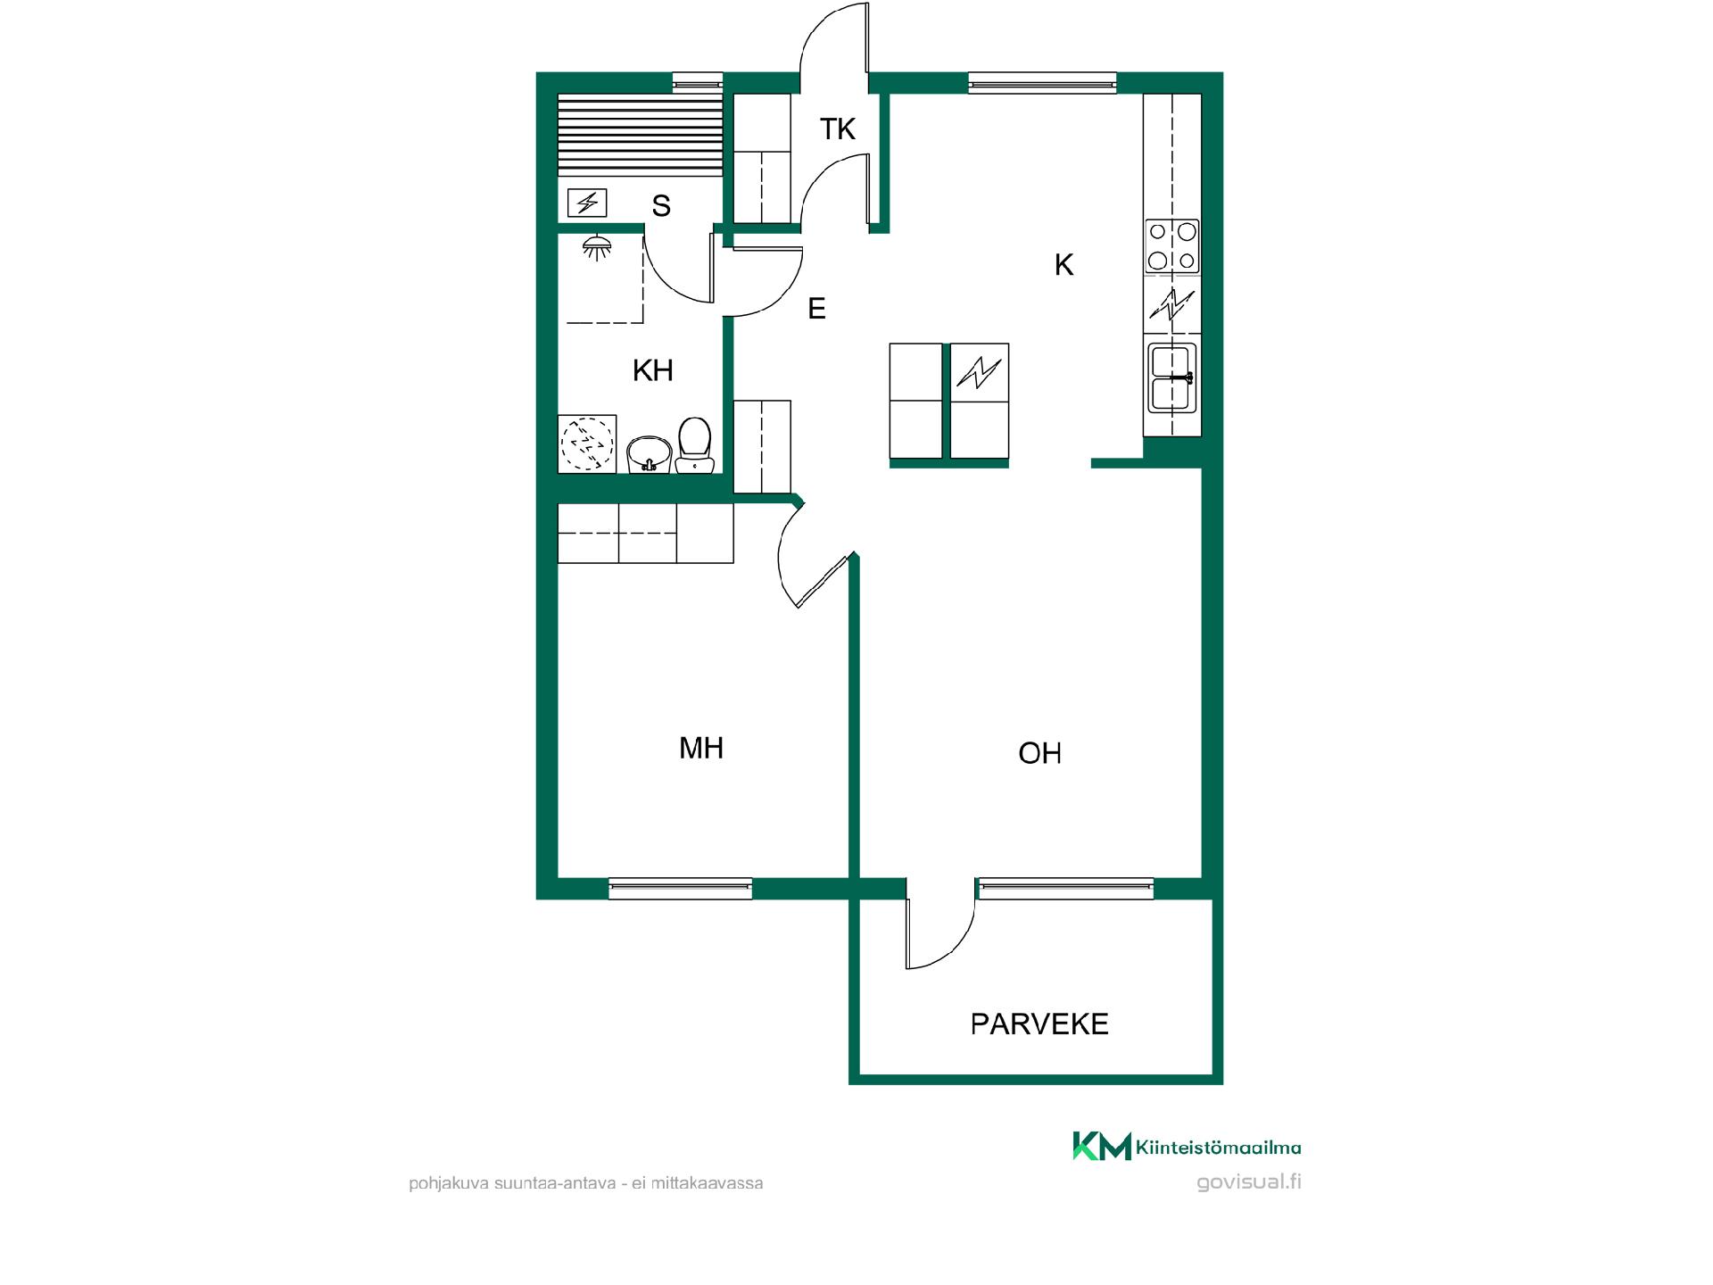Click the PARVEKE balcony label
(x=1039, y=1024)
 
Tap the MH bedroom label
(x=701, y=748)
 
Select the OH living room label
(x=1039, y=753)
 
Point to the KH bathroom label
(x=652, y=370)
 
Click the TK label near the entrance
(x=838, y=129)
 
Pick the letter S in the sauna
(x=661, y=206)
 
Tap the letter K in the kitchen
(x=1063, y=265)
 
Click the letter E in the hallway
(x=816, y=309)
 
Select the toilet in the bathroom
(x=694, y=444)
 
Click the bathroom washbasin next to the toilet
(x=650, y=454)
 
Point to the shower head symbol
(x=596, y=247)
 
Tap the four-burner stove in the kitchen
(x=1172, y=245)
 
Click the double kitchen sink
(x=1172, y=377)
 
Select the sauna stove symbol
(x=587, y=203)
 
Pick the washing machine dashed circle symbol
(x=587, y=443)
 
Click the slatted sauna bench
(x=640, y=135)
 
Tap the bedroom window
(x=680, y=888)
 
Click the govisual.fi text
(x=1249, y=1181)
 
